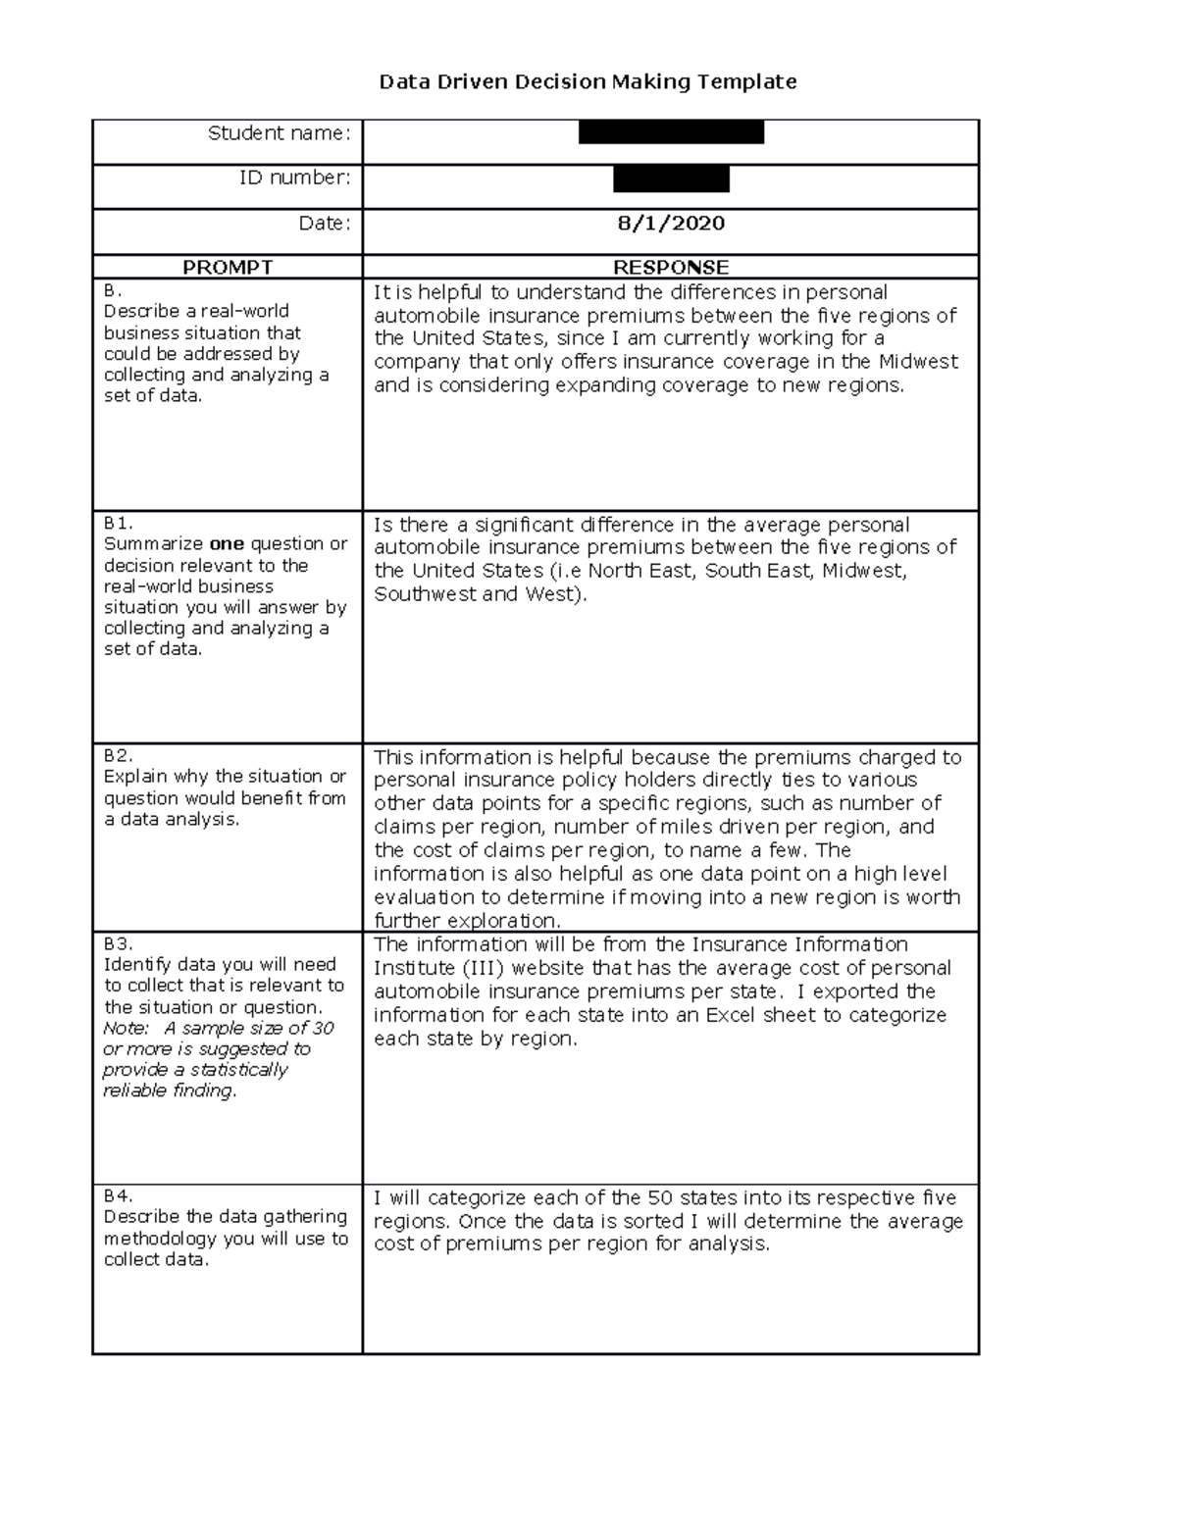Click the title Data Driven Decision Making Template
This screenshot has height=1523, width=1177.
coord(588,81)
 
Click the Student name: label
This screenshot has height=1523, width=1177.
coord(279,133)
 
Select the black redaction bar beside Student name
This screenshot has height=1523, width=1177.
coord(671,131)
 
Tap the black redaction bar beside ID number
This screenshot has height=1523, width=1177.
coord(671,178)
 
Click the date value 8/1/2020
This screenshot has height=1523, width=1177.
coord(671,223)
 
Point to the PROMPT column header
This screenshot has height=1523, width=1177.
coord(228,267)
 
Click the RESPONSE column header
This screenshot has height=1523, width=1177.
coord(671,267)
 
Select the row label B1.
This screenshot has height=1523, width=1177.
coord(118,524)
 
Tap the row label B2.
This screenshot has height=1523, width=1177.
coord(118,755)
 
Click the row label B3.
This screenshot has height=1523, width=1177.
coord(118,943)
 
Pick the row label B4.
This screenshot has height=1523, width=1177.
coord(118,1195)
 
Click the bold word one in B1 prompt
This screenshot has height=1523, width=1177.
coord(227,544)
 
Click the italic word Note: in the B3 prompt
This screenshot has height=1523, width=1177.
coord(126,1029)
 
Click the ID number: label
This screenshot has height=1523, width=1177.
coord(294,178)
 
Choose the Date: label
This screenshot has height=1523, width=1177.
coord(324,224)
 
